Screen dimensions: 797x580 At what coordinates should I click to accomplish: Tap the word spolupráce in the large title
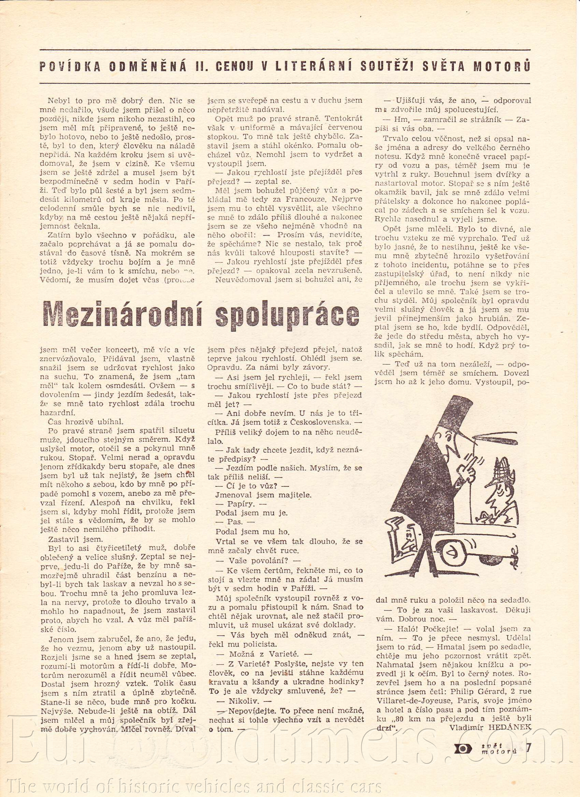287,315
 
